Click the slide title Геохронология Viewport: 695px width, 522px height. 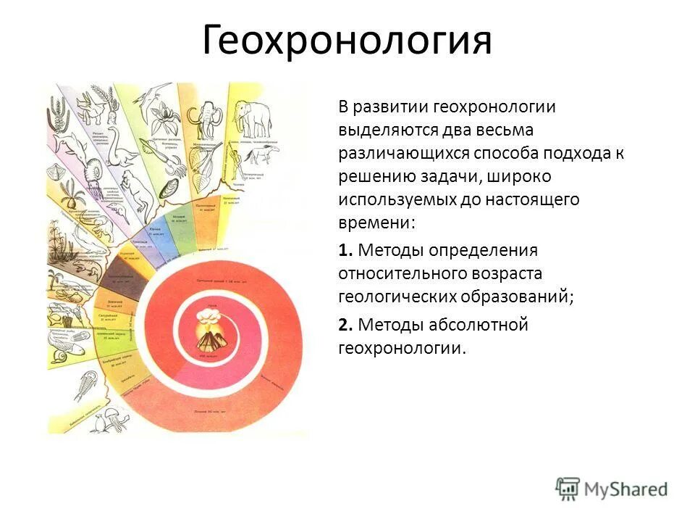347,41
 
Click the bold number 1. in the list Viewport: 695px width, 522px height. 345,250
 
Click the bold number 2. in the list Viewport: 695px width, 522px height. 345,325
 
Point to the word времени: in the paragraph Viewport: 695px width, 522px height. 376,223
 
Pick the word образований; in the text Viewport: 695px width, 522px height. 517,297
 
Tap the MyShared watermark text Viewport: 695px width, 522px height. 626,489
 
